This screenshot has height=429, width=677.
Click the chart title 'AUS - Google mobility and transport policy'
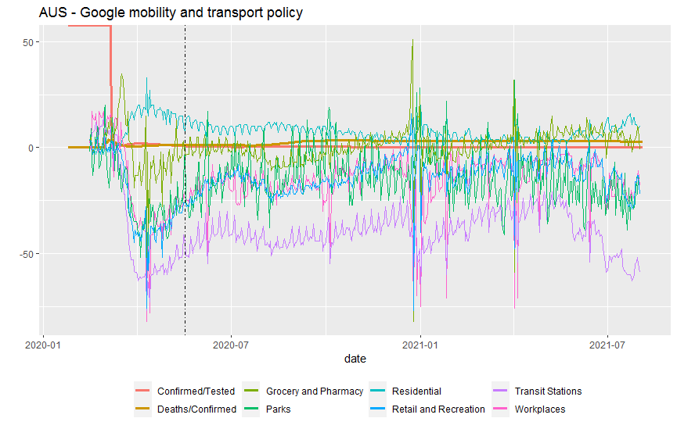coord(171,13)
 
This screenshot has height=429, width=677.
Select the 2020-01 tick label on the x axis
coord(43,343)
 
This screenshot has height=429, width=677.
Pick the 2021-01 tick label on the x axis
coord(421,343)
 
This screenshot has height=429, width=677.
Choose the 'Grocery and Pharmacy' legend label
coord(315,391)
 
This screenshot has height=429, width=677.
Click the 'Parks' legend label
coord(279,409)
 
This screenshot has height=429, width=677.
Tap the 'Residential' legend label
coord(416,391)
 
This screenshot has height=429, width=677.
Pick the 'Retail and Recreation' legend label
coord(438,409)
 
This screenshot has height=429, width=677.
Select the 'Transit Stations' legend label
coord(548,391)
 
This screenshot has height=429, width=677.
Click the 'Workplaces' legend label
coord(539,409)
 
